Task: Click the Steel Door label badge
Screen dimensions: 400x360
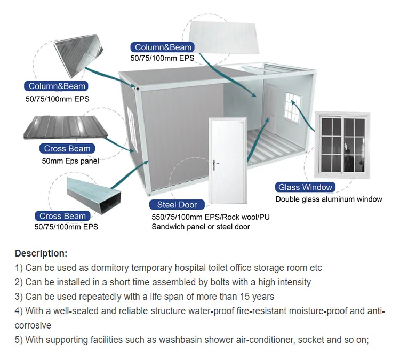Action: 177,205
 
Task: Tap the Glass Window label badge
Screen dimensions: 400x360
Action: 305,187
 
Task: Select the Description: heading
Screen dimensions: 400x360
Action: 41,253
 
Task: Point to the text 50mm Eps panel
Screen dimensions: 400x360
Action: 70,161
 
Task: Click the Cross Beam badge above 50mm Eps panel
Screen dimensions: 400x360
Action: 67,148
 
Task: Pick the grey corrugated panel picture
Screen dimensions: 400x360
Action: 66,127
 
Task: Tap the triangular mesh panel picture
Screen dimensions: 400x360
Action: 78,55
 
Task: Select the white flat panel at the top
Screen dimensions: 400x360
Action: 224,37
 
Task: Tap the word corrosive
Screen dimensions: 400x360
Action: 33,325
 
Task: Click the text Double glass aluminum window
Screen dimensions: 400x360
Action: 329,199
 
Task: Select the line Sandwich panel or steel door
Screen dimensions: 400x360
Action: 201,227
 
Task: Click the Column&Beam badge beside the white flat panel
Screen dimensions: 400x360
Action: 163,47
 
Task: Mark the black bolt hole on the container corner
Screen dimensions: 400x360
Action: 138,89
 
